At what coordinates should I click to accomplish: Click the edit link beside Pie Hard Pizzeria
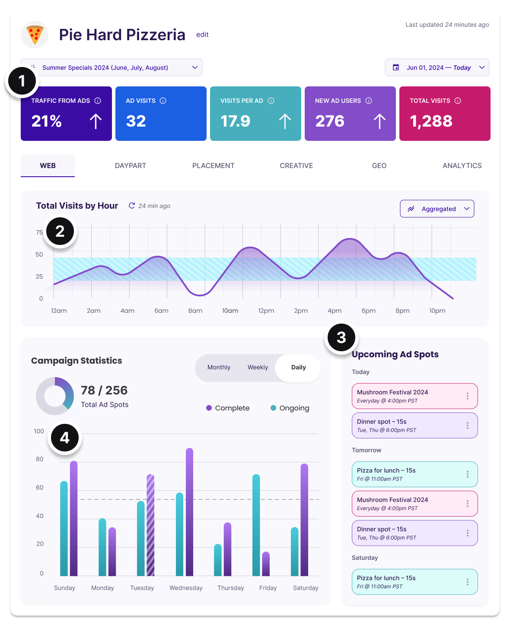(202, 35)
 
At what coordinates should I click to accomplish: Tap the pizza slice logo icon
(35, 35)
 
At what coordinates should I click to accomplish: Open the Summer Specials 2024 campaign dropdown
(112, 67)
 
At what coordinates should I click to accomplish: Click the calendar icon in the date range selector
(395, 67)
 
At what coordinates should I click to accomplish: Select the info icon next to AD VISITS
(163, 101)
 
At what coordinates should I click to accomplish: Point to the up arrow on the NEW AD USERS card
(379, 121)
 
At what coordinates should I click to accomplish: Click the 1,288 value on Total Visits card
(430, 121)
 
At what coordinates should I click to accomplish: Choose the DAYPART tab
(130, 165)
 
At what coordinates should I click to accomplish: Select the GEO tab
(379, 165)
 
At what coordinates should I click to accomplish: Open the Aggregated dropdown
(437, 209)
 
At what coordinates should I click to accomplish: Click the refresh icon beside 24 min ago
(132, 206)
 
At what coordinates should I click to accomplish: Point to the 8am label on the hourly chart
(195, 311)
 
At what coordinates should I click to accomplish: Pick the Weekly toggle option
(258, 367)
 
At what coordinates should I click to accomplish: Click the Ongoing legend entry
(290, 408)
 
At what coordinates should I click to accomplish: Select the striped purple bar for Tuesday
(150, 525)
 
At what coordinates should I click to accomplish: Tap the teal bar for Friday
(256, 525)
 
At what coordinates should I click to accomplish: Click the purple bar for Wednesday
(190, 512)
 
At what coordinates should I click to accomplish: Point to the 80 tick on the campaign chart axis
(40, 459)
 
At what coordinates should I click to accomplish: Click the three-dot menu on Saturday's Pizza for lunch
(467, 582)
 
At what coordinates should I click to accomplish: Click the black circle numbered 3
(341, 337)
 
